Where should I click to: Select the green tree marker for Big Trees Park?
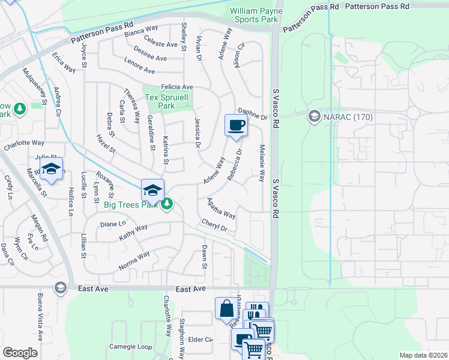pos(169,205)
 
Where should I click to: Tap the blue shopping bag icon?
pos(226,309)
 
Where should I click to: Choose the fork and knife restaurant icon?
pos(256,313)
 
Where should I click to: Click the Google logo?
pos(20,353)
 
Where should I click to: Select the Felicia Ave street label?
pos(176,87)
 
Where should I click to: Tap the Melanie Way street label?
pos(262,163)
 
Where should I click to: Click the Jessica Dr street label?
pos(196,133)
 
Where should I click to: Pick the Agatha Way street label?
pos(221,208)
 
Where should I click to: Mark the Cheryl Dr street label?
pos(214,224)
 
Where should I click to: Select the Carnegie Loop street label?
pos(130,347)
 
